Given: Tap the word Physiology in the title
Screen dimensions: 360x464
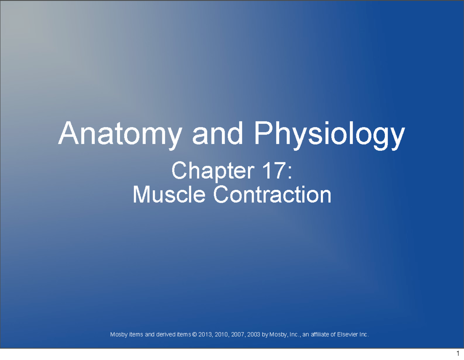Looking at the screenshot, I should (329, 134).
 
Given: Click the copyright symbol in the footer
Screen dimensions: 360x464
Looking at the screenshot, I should (194, 334).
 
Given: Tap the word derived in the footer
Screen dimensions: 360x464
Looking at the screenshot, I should (164, 334).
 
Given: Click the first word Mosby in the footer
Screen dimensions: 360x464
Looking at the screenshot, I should (118, 334).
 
